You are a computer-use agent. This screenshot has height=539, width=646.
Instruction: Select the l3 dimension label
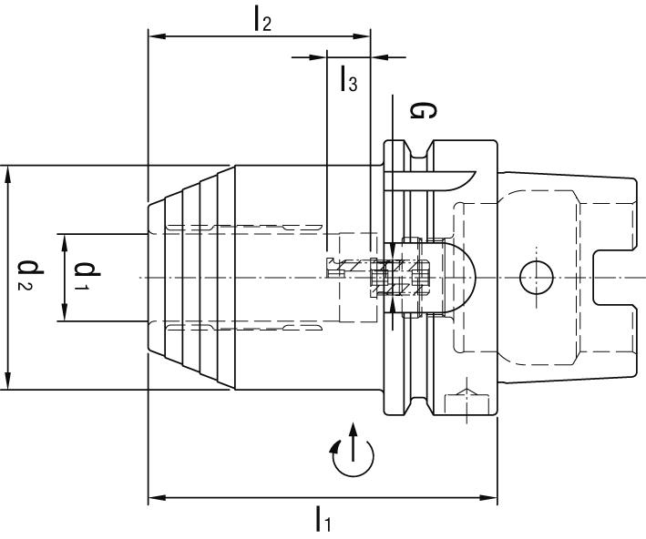point(348,81)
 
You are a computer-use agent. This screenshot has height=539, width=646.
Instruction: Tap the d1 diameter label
point(88,277)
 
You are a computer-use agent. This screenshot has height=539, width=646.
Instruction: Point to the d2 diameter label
point(30,277)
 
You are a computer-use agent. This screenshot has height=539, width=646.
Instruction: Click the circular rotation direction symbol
point(354,452)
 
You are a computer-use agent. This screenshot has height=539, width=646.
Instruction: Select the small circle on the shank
point(534,276)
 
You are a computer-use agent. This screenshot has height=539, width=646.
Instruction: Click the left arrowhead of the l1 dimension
point(155,498)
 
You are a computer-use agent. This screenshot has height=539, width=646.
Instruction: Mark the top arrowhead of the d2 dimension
point(8,173)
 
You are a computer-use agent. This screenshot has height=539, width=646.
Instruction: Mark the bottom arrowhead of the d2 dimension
point(8,382)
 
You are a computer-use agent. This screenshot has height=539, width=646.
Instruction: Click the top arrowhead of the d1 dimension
point(65,239)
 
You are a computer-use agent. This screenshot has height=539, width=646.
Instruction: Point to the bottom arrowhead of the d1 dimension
point(65,314)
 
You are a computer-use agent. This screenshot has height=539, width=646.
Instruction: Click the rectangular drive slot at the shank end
point(614,277)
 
